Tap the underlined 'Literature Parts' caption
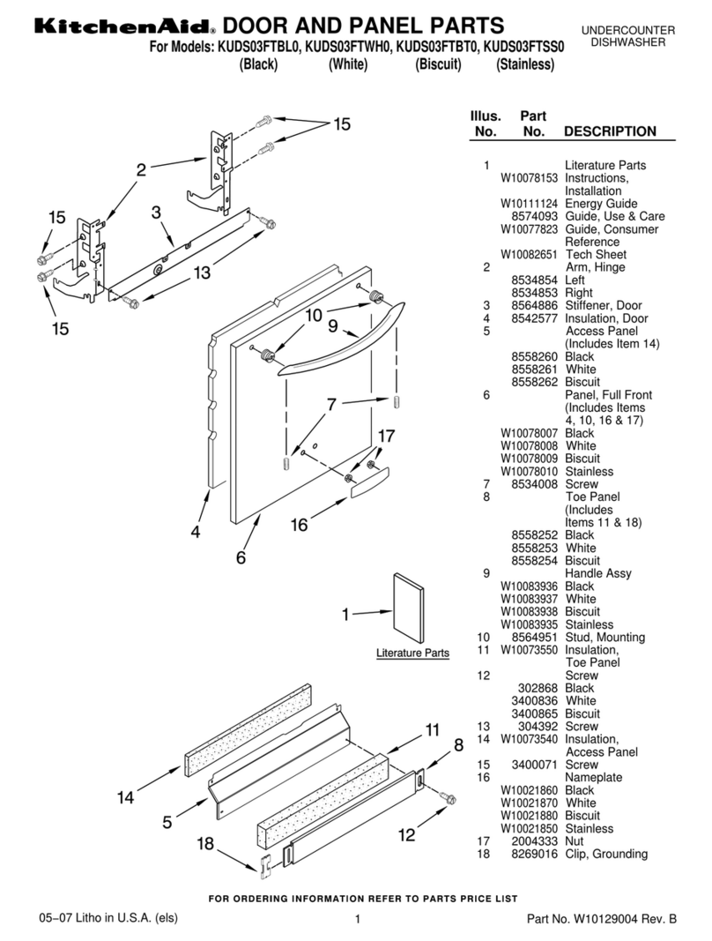tap(412, 653)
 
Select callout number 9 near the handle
tap(333, 326)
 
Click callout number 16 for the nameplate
tap(300, 525)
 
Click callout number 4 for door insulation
tap(196, 532)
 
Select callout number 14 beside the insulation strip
tap(126, 797)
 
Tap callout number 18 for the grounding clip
tap(205, 844)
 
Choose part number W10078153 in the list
tap(529, 178)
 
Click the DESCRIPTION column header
tap(610, 131)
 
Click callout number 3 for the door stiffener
tap(155, 213)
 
